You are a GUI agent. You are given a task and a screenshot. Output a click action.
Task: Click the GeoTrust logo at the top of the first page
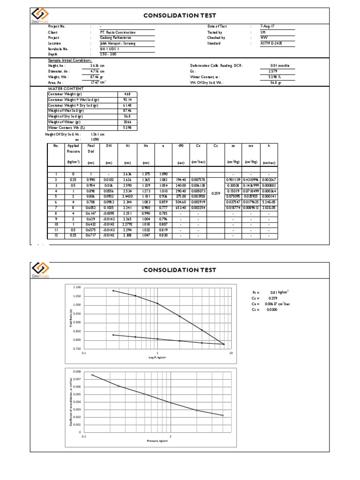[x=40, y=15]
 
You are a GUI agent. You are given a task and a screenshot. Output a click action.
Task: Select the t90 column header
[x=180, y=146]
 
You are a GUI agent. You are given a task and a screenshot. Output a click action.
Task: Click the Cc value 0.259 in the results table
[x=216, y=193]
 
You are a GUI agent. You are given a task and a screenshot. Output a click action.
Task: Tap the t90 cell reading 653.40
[x=180, y=207]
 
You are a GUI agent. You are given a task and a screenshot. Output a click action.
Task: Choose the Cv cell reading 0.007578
[x=198, y=179]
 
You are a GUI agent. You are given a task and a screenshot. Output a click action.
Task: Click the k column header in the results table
[x=269, y=146]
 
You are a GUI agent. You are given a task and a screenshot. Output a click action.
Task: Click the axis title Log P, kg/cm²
[x=157, y=358]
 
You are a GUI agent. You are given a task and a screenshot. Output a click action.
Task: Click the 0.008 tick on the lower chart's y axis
[x=76, y=372]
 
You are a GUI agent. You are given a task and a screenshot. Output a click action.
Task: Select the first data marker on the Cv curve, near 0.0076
[x=92, y=375]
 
